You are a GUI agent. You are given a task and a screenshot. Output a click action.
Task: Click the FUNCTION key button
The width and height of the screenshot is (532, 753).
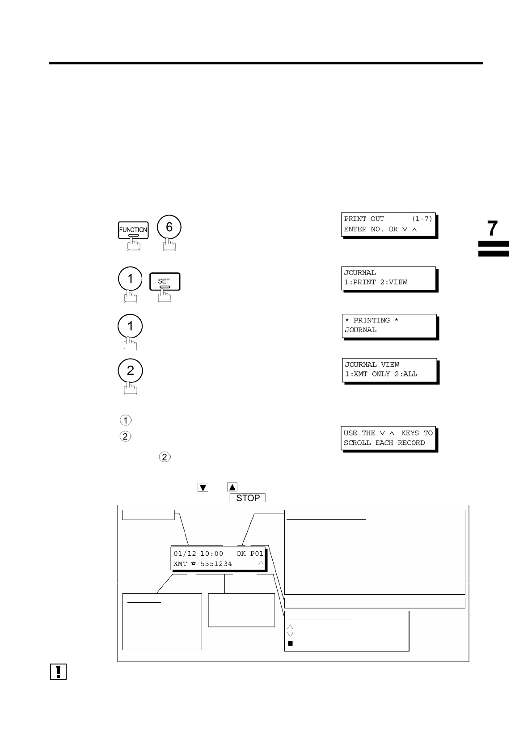coord(133,230)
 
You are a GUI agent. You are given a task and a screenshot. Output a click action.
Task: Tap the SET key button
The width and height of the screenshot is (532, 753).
coord(164,281)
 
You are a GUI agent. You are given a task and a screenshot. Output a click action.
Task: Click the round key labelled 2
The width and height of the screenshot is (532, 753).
coord(130,371)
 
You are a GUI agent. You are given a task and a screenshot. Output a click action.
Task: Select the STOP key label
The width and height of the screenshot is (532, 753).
coord(248,498)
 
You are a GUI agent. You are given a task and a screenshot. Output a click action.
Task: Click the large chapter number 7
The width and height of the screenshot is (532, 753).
coord(492,228)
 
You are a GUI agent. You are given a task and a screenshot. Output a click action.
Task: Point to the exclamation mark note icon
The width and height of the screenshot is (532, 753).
coord(58,672)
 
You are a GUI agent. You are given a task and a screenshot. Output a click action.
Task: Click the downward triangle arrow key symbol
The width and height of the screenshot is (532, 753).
coord(203,487)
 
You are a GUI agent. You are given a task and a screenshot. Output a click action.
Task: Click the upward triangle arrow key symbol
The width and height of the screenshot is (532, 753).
coord(232,487)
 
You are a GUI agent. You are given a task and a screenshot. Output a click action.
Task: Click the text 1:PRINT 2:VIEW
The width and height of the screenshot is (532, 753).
coord(375,282)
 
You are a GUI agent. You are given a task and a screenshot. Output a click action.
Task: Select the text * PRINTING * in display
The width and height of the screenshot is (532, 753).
coord(372,320)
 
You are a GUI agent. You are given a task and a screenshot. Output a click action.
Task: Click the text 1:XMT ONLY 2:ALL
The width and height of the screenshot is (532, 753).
coord(381,374)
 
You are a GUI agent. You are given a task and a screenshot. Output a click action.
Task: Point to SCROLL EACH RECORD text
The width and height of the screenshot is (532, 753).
coord(384,443)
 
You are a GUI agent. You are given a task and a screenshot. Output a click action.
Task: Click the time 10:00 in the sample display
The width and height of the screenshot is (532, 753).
coord(211,554)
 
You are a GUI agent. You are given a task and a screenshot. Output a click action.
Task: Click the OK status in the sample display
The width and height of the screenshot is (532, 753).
coord(241,554)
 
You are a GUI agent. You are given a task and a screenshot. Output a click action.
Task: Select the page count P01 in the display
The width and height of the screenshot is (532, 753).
coord(257,554)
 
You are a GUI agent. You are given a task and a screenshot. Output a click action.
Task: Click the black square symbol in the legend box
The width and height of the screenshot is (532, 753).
coord(290,643)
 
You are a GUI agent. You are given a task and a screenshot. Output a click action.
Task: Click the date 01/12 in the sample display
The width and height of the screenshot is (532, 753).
coord(185,554)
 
